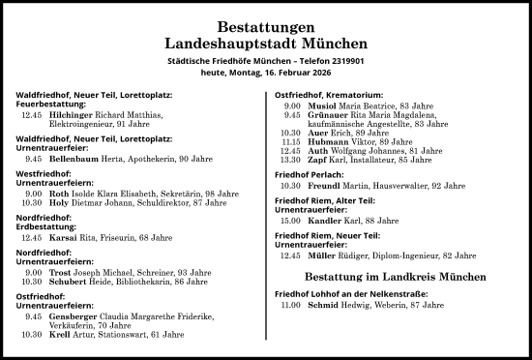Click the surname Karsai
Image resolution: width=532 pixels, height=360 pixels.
point(65,236)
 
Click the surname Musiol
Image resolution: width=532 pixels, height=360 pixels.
point(323,104)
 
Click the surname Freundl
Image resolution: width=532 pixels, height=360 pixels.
point(327,185)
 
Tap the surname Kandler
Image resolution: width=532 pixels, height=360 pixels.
point(327,220)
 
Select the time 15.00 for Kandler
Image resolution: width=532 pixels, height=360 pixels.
point(290,220)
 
